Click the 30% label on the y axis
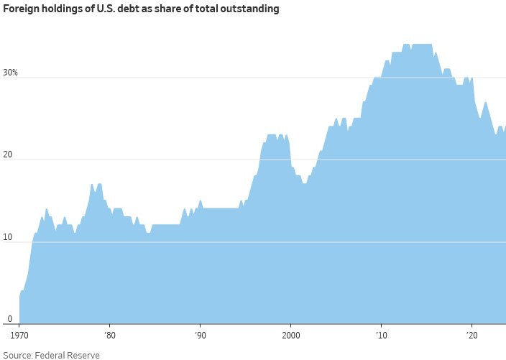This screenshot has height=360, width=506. coord(9,73)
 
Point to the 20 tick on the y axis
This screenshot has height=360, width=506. coord(6,154)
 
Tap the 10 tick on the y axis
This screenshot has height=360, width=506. coord(6,236)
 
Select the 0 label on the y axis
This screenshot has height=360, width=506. coord(3,318)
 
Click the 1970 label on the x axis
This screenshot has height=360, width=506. coord(19,335)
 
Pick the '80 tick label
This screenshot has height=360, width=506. coord(109,335)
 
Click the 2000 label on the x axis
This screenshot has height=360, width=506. coord(290,335)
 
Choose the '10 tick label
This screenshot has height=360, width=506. coord(381,335)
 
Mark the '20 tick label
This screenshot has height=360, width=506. coord(471,335)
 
